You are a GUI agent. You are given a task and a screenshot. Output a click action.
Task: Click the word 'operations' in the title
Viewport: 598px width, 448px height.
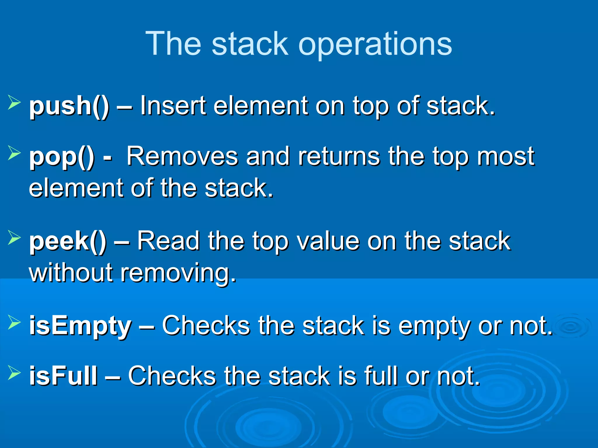375,44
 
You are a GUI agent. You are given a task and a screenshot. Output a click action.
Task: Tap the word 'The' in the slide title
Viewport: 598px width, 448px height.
173,44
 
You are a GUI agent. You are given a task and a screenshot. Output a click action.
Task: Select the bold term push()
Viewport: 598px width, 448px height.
69,106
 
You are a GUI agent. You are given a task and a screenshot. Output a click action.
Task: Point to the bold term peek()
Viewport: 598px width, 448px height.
68,242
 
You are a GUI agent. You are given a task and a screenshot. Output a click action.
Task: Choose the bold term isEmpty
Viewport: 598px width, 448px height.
80,326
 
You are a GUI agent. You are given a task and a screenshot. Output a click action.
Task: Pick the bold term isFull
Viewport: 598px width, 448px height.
63,376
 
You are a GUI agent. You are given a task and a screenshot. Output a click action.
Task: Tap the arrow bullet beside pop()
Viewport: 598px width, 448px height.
14,153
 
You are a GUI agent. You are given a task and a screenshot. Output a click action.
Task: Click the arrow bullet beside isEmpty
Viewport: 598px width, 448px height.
14,322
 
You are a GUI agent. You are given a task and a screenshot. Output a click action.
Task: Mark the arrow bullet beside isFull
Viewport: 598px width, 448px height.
14,372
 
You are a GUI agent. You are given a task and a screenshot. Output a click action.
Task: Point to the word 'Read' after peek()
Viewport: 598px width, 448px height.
168,241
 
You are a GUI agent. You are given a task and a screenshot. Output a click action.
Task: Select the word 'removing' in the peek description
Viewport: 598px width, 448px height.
178,273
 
